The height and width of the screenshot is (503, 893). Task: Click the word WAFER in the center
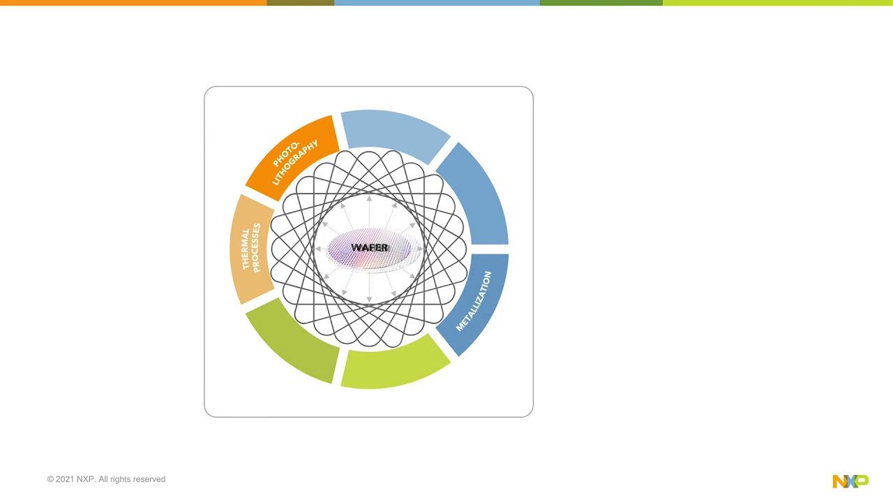pos(370,248)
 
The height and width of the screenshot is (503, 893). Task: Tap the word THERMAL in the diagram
pos(246,249)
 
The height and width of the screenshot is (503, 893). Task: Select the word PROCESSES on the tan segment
pos(256,248)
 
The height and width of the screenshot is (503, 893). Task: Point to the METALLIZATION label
pos(474,301)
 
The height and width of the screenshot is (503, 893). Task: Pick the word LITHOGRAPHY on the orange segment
pos(296,163)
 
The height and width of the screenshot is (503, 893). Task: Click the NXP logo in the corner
pos(850,481)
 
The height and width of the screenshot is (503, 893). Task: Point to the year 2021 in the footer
pos(65,479)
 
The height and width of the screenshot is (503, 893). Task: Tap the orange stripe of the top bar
pos(133,3)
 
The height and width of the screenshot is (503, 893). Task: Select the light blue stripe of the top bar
pos(437,3)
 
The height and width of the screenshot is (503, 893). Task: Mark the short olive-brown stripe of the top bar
pos(300,3)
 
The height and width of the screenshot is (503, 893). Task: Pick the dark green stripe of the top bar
pos(601,3)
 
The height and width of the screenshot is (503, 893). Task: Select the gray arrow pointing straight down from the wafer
pos(369,290)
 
